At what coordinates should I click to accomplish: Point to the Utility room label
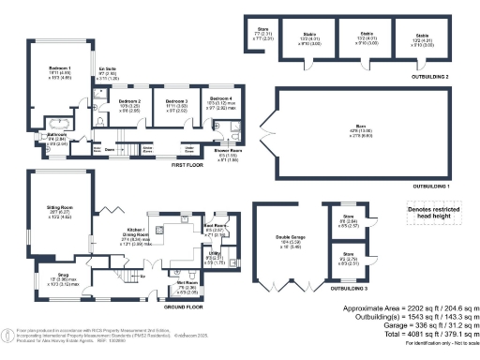pyautogui.click(x=214, y=254)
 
